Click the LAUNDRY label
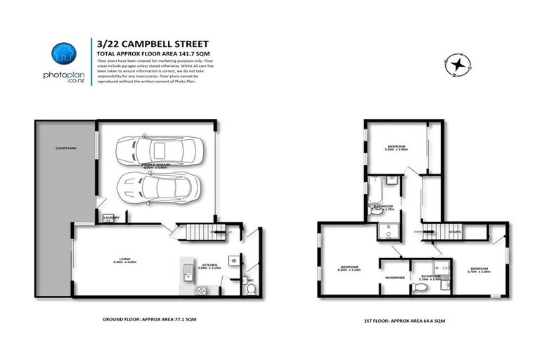point(111,218)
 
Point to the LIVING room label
point(127,262)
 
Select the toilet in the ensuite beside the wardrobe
point(420,288)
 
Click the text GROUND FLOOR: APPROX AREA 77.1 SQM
point(153,319)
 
